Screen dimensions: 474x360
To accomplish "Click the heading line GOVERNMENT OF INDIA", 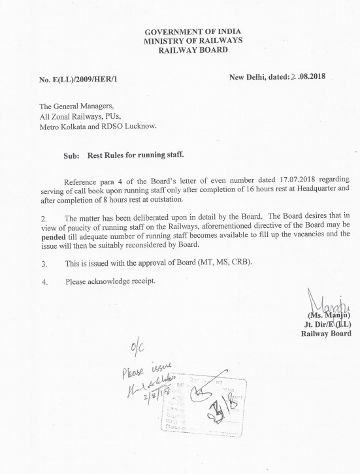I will (x=187, y=32).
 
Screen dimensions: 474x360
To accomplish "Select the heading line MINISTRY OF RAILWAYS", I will (x=187, y=41).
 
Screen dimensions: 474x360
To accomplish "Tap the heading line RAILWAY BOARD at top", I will (x=187, y=50).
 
